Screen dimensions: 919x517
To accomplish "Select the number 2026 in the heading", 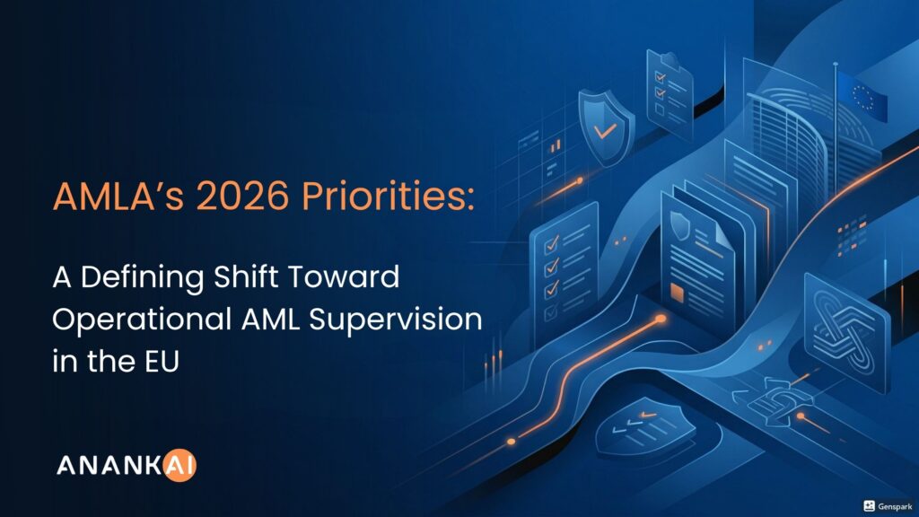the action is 242,196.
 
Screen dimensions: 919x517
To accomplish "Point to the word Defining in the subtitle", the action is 142,277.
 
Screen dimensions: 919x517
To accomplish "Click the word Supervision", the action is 396,320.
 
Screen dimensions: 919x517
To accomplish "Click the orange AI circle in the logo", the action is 179,466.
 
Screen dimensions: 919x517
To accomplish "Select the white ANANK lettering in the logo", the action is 109,466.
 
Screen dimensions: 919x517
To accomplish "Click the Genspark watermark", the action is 888,506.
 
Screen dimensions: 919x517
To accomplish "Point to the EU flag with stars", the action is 862,96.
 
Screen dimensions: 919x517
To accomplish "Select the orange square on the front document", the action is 677,294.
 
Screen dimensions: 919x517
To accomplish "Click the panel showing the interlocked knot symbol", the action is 847,332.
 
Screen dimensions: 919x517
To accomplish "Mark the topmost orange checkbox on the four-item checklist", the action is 552,244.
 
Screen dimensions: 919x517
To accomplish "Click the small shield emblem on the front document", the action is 680,225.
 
